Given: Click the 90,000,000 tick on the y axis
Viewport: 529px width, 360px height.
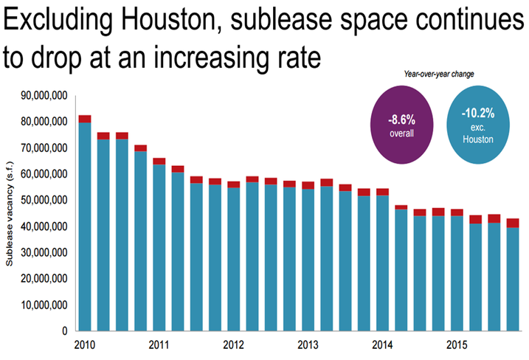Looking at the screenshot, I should pyautogui.click(x=43, y=96).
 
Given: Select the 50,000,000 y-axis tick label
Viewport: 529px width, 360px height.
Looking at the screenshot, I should pyautogui.click(x=43, y=200).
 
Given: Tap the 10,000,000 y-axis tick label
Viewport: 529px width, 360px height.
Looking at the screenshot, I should pyautogui.click(x=43, y=305).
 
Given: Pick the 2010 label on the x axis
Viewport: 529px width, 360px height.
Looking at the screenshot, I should pyautogui.click(x=85, y=345).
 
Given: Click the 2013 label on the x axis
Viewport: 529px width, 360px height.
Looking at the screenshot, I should pyautogui.click(x=308, y=345).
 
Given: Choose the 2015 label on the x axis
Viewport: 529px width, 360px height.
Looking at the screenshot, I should pyautogui.click(x=457, y=345).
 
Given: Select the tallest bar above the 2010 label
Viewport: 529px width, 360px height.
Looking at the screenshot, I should pyautogui.click(x=85, y=225).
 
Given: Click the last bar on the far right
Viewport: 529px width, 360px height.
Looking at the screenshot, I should pyautogui.click(x=512, y=277).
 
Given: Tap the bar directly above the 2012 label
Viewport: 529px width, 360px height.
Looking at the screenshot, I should pyautogui.click(x=233, y=258).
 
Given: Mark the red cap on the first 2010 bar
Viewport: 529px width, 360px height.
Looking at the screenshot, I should pyautogui.click(x=85, y=119).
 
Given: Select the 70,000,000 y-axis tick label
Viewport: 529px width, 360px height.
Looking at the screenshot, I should pyautogui.click(x=43, y=148).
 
